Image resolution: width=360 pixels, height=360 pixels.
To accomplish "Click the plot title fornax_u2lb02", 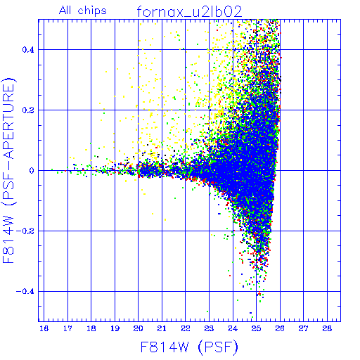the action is pos(189,11).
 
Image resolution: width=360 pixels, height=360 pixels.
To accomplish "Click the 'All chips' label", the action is pos(83,11).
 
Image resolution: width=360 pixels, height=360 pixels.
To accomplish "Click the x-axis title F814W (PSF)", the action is pos(189,347).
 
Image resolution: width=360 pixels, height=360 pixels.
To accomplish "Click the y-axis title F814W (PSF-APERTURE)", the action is pos(8,171).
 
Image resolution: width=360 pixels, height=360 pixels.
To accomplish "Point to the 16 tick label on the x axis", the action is pos(44,328).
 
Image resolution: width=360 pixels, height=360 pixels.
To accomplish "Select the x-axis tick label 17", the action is pos(67,328).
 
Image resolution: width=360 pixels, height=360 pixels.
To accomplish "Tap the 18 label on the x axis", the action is pos(91,328).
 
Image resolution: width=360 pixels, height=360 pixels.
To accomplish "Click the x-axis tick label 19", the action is pos(115,328).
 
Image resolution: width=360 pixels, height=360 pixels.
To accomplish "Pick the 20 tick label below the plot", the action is pos(139,328).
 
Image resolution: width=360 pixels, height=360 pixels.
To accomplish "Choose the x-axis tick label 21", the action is pos(162,328).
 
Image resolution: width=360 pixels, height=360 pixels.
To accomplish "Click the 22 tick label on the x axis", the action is pos(186,328).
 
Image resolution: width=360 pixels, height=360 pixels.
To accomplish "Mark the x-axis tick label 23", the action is pos(209,328).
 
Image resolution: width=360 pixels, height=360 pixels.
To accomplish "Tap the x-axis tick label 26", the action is pos(280,328).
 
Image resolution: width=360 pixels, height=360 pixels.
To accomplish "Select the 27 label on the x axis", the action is pos(303,328).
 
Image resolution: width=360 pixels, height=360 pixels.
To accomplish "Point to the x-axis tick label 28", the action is pos(327,328).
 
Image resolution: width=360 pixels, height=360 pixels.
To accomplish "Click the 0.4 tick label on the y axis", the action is pos(28,50).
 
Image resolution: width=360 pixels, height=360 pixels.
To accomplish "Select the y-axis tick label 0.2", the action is pos(28,110).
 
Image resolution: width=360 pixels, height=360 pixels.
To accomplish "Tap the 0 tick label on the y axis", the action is pos(32,171).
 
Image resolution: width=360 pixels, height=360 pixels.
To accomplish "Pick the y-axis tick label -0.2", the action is pos(25,231).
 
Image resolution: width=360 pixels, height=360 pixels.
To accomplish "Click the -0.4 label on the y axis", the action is pos(25,292).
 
